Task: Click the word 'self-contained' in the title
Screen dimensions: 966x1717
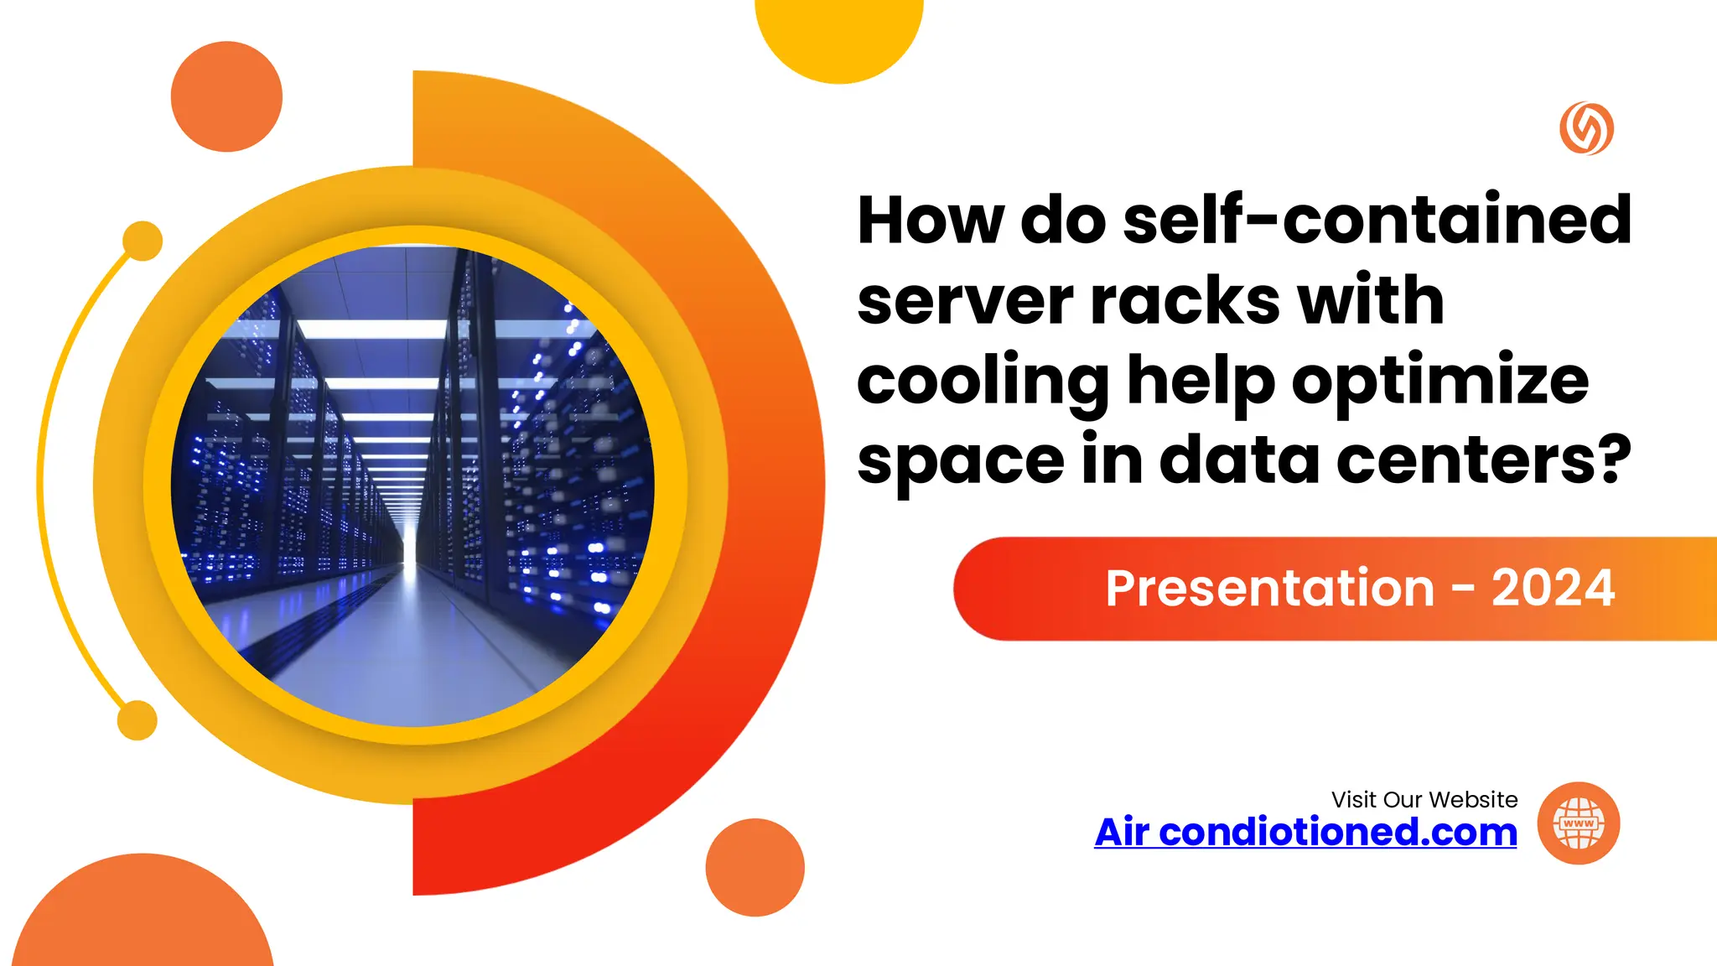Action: (x=1377, y=221)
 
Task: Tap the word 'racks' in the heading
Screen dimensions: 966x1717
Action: (x=1185, y=300)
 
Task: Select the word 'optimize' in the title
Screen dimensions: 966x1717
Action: (x=1439, y=382)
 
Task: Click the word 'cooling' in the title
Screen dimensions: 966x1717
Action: (x=983, y=382)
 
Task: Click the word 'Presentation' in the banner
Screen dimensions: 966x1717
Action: (x=1269, y=588)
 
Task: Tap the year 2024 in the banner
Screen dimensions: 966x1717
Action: (x=1553, y=588)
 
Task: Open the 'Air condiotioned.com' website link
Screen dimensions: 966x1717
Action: (x=1305, y=832)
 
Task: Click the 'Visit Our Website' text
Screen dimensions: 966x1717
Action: (x=1424, y=799)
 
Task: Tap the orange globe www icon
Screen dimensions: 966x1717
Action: (x=1579, y=823)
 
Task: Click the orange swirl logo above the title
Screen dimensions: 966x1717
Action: (x=1586, y=128)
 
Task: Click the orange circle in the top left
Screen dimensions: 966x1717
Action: (x=226, y=96)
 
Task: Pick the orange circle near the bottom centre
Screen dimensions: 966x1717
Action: (x=755, y=867)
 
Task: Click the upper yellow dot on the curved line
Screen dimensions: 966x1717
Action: (x=143, y=241)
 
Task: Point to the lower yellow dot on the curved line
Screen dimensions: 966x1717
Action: (x=137, y=720)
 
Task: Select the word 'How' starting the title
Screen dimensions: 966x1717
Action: (x=930, y=221)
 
